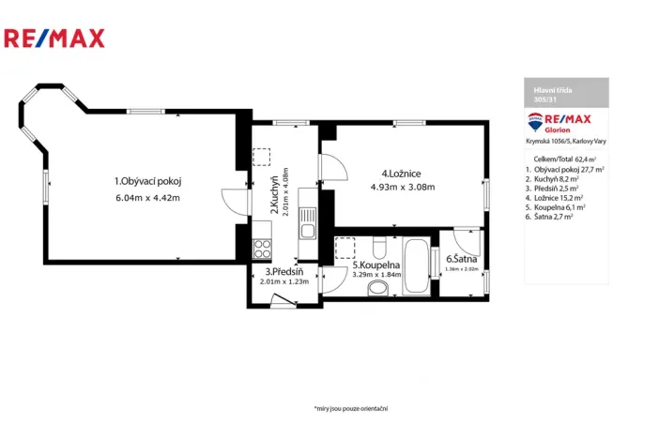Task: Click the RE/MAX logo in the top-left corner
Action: coord(54,38)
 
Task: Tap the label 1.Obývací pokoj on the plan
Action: coord(147,181)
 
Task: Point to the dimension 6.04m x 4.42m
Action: coord(147,198)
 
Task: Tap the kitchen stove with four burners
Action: coord(262,249)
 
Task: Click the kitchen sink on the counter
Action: coord(306,226)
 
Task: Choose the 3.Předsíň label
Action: coord(284,272)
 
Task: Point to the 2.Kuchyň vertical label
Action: coord(274,196)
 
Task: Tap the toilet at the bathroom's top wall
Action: coord(377,248)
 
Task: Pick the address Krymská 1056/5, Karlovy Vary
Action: coord(565,141)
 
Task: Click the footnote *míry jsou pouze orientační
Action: coord(351,408)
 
